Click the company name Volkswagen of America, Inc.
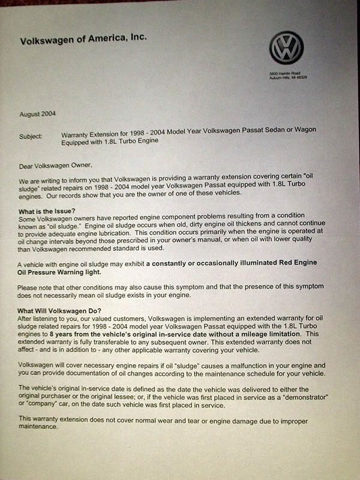point(83,40)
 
